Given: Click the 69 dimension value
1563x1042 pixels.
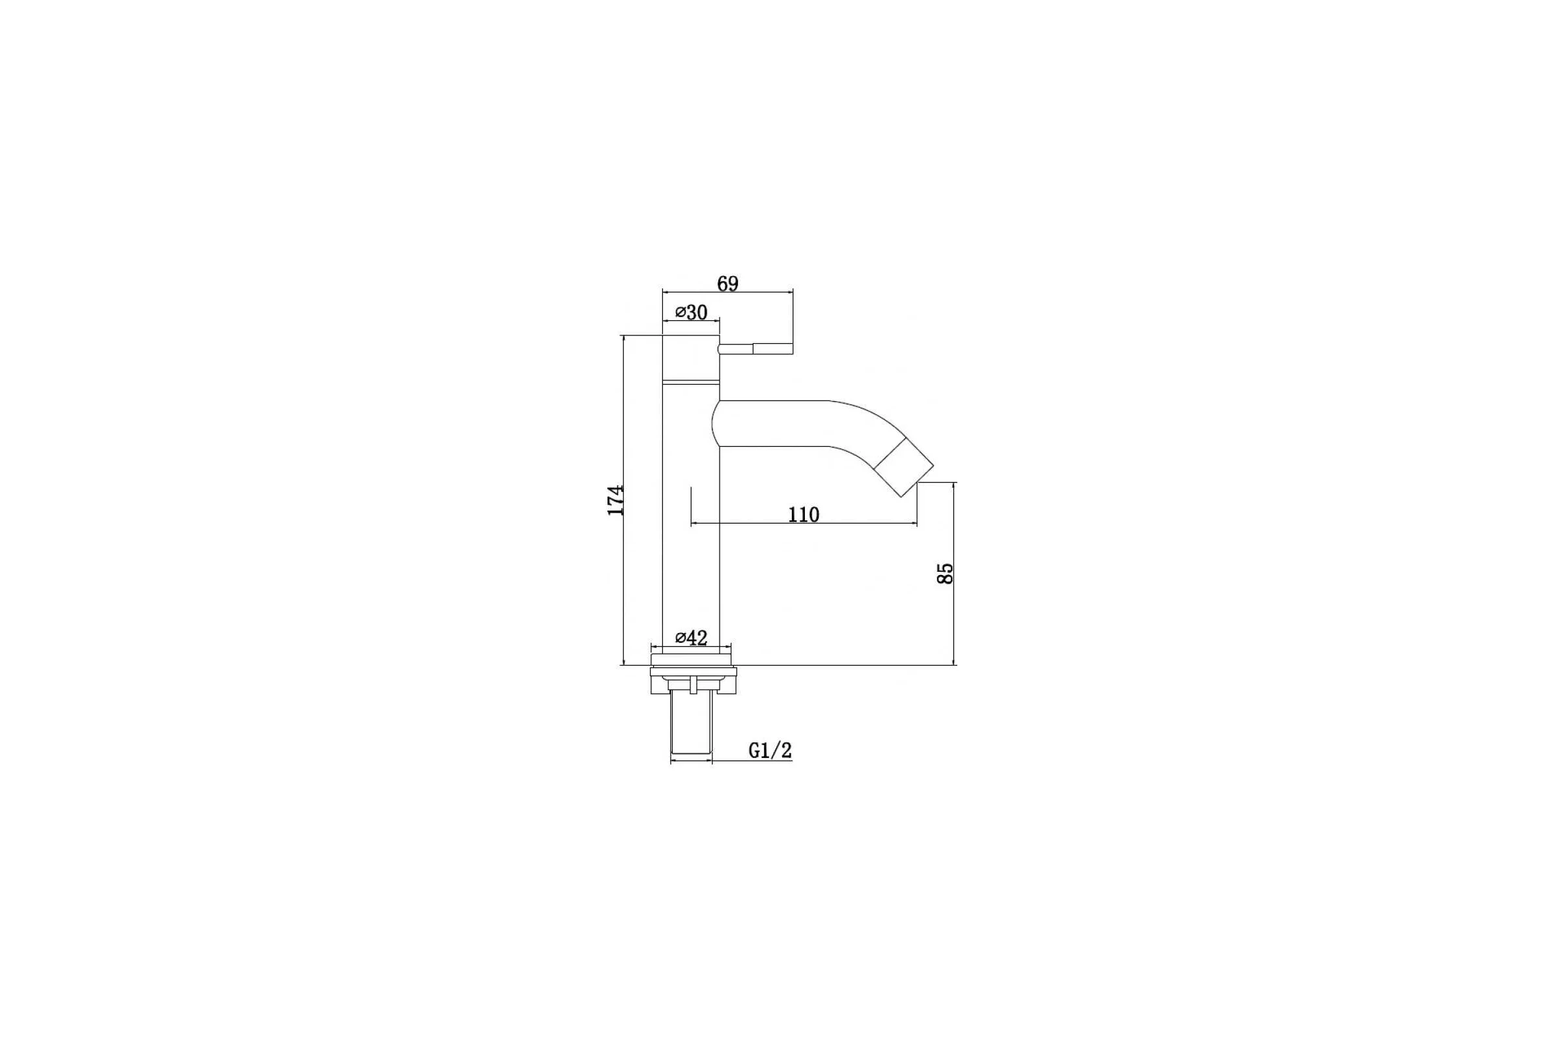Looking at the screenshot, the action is pyautogui.click(x=727, y=284).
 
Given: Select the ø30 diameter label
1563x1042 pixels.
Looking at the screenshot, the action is pyautogui.click(x=691, y=313).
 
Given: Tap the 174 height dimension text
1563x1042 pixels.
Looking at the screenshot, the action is pyautogui.click(x=151, y=500).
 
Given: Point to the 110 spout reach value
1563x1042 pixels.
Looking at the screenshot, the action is pyautogui.click(x=804, y=514).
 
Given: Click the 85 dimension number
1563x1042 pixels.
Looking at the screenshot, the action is pyautogui.click(x=944, y=574).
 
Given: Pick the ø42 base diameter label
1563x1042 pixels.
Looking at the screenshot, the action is pyautogui.click(x=691, y=638).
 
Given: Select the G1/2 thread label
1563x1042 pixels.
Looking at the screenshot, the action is pyautogui.click(x=770, y=750).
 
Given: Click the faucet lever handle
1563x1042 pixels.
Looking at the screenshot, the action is pyautogui.click(x=755, y=348).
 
